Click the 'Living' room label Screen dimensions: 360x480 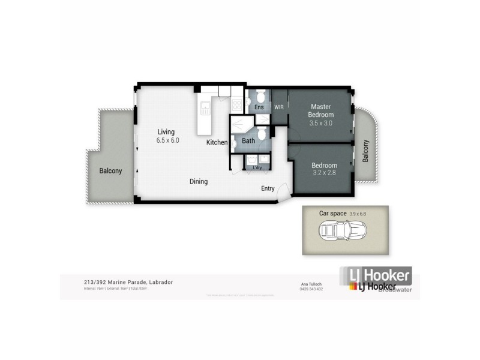tap(166, 132)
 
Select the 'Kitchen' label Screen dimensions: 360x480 tap(217, 143)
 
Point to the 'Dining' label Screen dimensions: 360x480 tap(199, 181)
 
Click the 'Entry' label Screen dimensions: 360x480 tap(268, 188)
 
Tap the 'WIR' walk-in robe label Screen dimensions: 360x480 tap(279, 107)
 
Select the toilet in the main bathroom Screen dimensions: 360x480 tap(262, 136)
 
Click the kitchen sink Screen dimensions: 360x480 tap(205, 109)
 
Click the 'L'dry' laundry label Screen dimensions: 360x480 tap(257, 167)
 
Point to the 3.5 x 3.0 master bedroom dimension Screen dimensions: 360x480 tap(320, 123)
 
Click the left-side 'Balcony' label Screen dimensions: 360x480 tap(110, 171)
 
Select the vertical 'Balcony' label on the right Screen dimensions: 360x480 tap(365, 151)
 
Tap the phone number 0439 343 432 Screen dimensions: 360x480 tap(311, 289)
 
